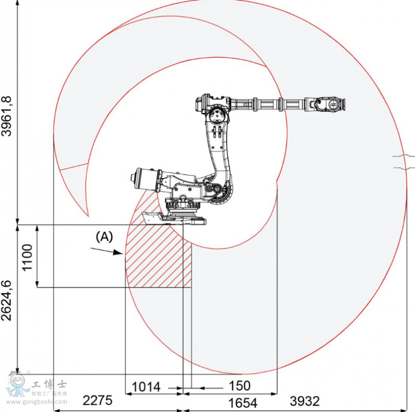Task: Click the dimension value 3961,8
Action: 7,115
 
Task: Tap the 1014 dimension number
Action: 147,387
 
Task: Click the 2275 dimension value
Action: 97,401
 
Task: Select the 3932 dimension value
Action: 305,401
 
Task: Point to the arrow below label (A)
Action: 107,251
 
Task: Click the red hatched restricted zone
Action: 158,259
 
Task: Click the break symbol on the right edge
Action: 404,161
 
